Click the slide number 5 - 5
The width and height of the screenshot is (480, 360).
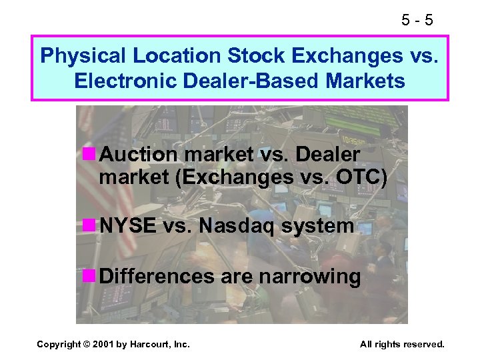pyautogui.click(x=418, y=20)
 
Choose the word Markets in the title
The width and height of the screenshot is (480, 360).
pyautogui.click(x=369, y=81)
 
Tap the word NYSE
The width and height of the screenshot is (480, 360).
pyautogui.click(x=128, y=226)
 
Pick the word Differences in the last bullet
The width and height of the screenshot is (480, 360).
pyautogui.click(x=157, y=275)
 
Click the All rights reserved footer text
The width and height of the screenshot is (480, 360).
pyautogui.click(x=401, y=344)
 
